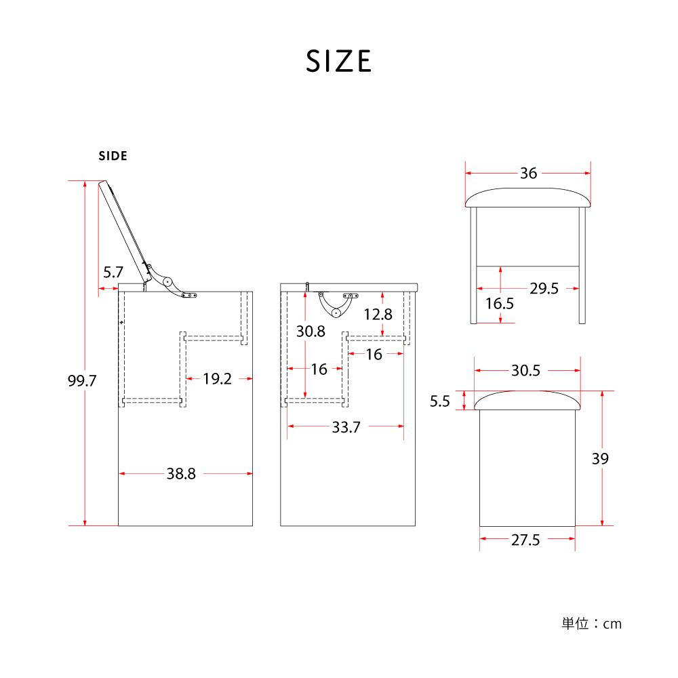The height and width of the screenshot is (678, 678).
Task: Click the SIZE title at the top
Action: pos(338,61)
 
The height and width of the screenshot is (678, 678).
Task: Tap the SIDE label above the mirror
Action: pos(113,156)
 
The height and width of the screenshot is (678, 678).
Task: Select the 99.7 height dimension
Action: pos(82,381)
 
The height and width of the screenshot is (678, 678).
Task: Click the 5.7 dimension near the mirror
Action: pos(113,273)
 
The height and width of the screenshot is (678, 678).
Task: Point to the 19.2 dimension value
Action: pos(218,379)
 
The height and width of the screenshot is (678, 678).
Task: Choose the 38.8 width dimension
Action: pos(181,474)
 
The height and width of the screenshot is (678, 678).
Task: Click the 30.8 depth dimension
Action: pos(311,332)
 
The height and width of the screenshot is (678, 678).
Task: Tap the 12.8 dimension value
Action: pos(378,315)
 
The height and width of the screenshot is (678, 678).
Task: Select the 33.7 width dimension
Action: pos(346,427)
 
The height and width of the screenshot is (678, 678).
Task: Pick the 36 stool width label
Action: pos(528,174)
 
